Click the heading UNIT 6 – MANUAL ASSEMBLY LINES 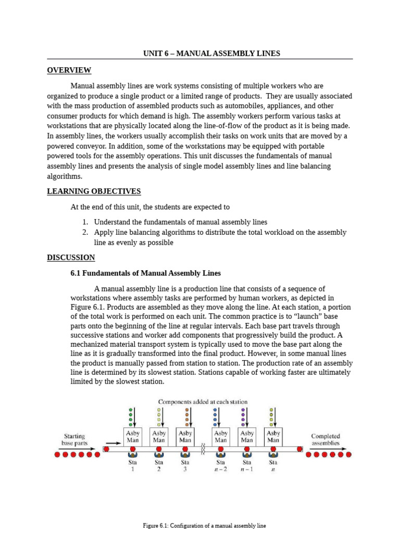pyautogui.click(x=211, y=54)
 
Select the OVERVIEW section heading pyautogui.click(x=69, y=70)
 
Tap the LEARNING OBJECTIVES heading pyautogui.click(x=94, y=191)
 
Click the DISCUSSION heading pyautogui.click(x=71, y=257)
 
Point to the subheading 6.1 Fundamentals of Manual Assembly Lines pyautogui.click(x=145, y=273)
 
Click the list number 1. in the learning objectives pyautogui.click(x=85, y=222)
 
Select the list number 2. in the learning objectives pyautogui.click(x=85, y=233)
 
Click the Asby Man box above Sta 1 pyautogui.click(x=133, y=436)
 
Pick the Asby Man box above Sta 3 pyautogui.click(x=185, y=436)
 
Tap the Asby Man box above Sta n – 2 pyautogui.click(x=221, y=436)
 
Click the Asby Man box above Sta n pyautogui.click(x=273, y=436)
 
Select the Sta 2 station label pyautogui.click(x=159, y=465)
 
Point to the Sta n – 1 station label pyautogui.click(x=247, y=465)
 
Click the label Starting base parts pyautogui.click(x=74, y=440)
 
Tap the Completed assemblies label pyautogui.click(x=326, y=440)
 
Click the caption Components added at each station pyautogui.click(x=203, y=402)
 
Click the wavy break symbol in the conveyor pyautogui.click(x=203, y=448)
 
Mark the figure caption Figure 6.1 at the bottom pyautogui.click(x=204, y=526)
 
